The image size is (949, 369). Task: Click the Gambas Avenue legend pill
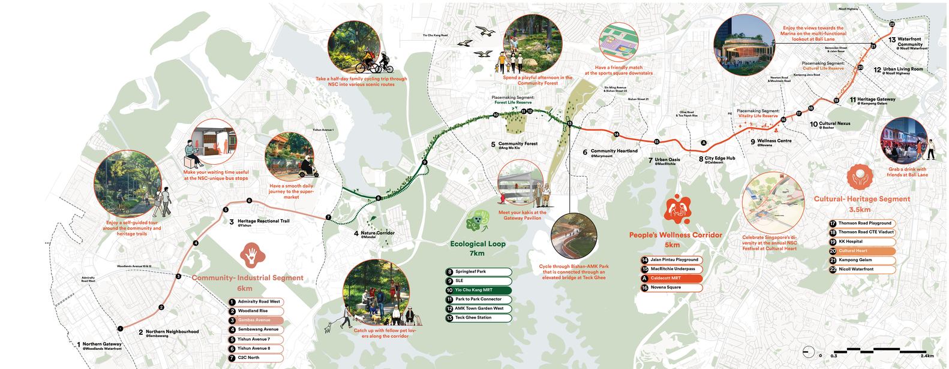[255, 320]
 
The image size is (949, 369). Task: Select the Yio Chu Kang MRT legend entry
[478, 290]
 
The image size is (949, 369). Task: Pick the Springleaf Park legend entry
[478, 272]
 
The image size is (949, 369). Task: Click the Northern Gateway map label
[101, 344]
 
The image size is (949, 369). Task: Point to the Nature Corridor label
[377, 233]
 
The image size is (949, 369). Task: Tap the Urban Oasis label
[666, 160]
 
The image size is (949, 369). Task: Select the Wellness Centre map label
[774, 141]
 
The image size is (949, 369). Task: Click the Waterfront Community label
[909, 41]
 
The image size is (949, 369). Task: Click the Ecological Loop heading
[477, 244]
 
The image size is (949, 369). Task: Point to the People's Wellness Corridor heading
[675, 235]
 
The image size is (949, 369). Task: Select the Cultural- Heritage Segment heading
[861, 199]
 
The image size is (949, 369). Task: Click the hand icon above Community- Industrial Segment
[253, 255]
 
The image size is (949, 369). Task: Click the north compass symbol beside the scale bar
[808, 352]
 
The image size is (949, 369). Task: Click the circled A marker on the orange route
[704, 143]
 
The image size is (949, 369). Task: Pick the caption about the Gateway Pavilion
[522, 215]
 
